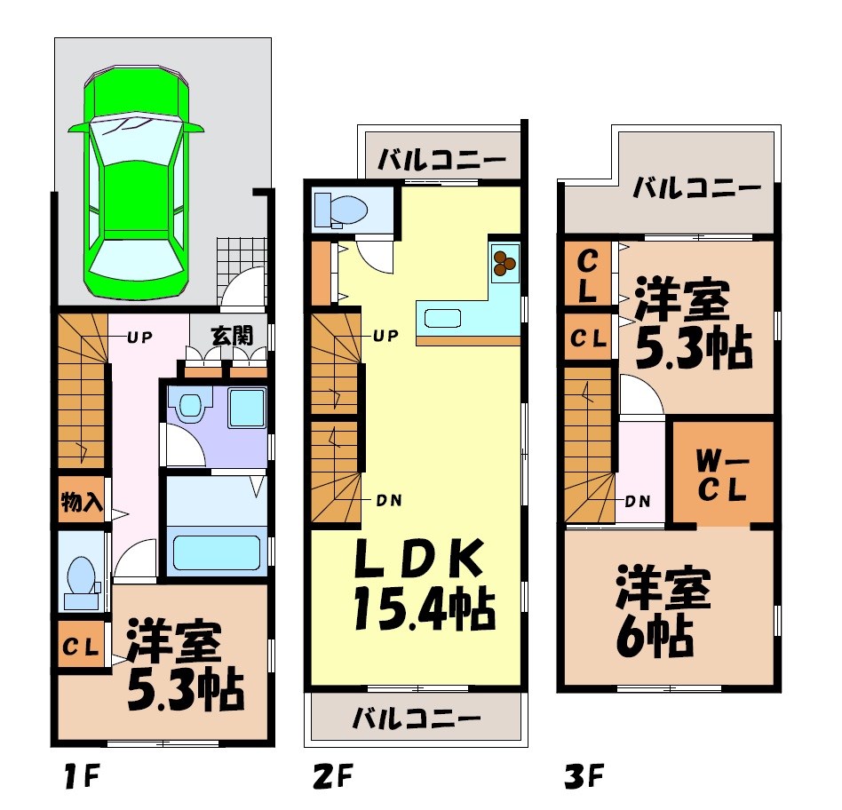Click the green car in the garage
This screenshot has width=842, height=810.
click(x=137, y=182)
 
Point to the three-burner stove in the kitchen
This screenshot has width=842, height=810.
click(x=505, y=260)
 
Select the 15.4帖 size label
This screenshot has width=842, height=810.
click(x=423, y=609)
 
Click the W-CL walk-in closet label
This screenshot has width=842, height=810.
click(x=721, y=473)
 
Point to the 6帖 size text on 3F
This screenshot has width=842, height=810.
click(x=656, y=631)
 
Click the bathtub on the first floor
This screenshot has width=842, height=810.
click(x=215, y=552)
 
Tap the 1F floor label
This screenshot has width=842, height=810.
click(x=81, y=778)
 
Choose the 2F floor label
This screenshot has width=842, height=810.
click(x=332, y=778)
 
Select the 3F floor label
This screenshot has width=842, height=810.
click(x=584, y=778)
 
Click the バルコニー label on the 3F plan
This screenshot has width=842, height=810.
click(x=697, y=188)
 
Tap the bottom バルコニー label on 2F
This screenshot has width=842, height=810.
click(x=416, y=717)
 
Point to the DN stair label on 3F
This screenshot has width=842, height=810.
click(x=638, y=500)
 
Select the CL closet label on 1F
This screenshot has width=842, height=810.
click(x=82, y=648)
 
